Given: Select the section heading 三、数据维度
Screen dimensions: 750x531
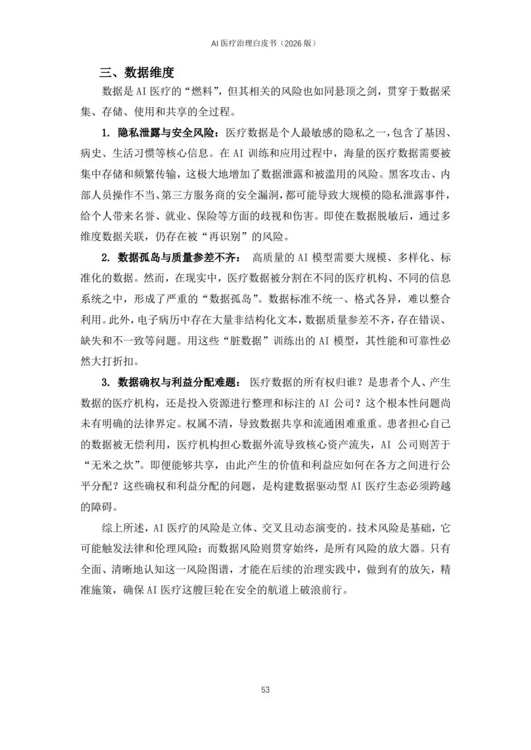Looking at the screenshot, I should click(x=137, y=73).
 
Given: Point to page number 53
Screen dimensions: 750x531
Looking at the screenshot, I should click(x=265, y=690).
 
